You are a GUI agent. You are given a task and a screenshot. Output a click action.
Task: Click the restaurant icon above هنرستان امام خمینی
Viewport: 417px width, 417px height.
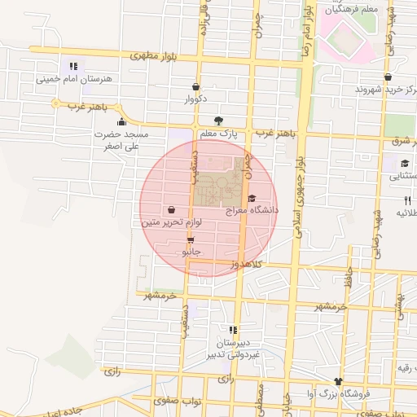pyautogui.click(x=73, y=67)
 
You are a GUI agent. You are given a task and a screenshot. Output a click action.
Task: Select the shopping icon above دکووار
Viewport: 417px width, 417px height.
pyautogui.click(x=195, y=86)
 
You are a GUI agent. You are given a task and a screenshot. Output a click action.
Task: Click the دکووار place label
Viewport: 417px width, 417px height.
pyautogui.click(x=195, y=99)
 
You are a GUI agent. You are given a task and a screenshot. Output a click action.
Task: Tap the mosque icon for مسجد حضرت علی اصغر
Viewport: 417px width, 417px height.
pyautogui.click(x=121, y=122)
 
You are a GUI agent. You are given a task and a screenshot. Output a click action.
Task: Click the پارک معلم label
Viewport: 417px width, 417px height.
pyautogui.click(x=217, y=134)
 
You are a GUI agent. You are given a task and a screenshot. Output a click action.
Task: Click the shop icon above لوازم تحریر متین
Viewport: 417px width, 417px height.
pyautogui.click(x=171, y=209)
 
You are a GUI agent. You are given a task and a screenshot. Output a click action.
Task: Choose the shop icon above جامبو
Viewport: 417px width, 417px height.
pyautogui.click(x=191, y=240)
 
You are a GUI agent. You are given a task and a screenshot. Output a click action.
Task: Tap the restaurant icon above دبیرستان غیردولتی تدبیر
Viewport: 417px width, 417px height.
pyautogui.click(x=234, y=330)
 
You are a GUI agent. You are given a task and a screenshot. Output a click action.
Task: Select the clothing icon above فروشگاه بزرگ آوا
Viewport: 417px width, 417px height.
pyautogui.click(x=339, y=381)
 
